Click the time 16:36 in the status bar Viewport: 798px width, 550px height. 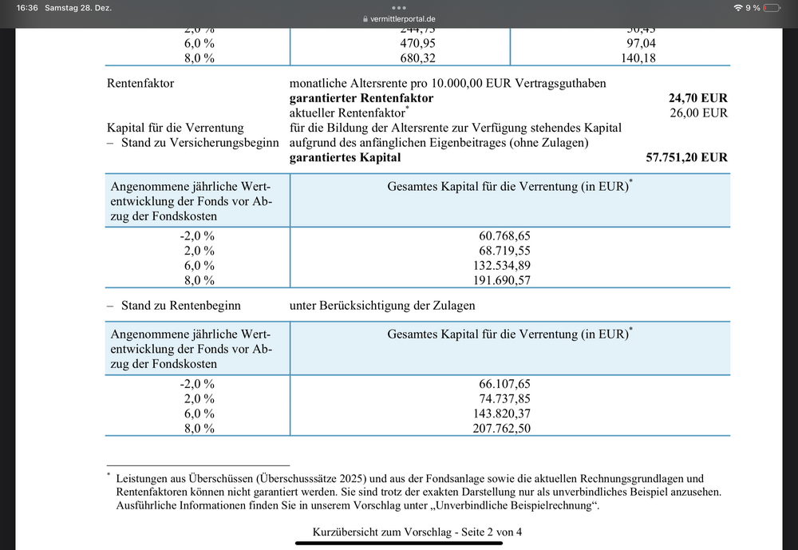[28, 7]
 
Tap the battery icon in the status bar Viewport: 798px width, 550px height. [772, 7]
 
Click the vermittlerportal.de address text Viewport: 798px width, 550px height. [403, 18]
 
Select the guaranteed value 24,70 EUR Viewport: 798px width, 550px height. [697, 98]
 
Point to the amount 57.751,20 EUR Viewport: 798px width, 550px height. [686, 157]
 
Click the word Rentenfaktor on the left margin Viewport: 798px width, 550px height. [140, 83]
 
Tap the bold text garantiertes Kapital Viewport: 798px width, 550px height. [346, 157]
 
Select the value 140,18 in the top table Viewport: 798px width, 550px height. [638, 57]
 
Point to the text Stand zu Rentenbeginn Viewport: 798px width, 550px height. [180, 305]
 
